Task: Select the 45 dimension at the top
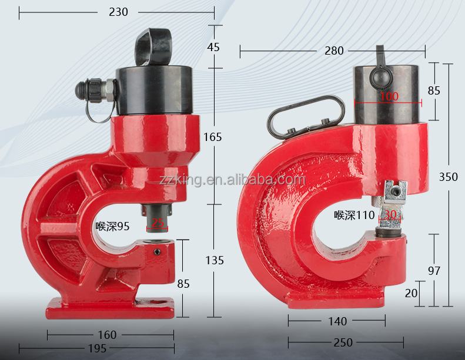coord(213,47)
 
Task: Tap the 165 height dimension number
coord(213,137)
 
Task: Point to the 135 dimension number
coord(215,260)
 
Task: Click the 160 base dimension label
coord(107,335)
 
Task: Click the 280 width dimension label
coord(334,51)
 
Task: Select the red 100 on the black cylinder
coord(389,96)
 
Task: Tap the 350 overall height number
coord(448,177)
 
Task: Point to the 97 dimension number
coord(434,270)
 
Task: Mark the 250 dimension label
coord(343,342)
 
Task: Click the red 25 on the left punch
coord(159,223)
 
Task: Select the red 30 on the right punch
coord(390,215)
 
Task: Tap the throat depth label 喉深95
coord(112,226)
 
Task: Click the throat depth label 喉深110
coord(354,215)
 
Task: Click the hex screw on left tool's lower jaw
coord(158,252)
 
